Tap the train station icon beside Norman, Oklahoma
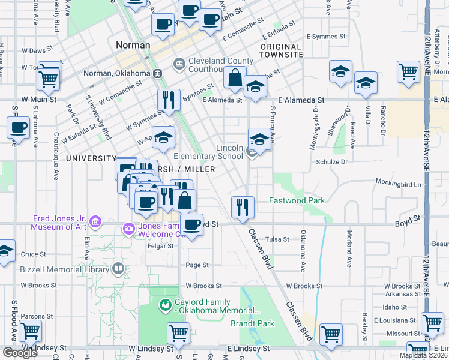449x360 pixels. (158, 73)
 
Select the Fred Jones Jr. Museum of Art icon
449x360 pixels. (95, 223)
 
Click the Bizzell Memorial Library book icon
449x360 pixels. (118, 269)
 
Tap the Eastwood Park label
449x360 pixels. (296, 200)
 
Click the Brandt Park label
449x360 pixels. (252, 323)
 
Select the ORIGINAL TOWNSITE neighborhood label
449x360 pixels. (281, 50)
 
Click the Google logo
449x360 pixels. (20, 352)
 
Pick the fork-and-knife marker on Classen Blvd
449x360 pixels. (243, 207)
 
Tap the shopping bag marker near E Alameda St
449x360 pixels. (235, 77)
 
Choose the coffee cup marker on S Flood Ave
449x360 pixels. (18, 127)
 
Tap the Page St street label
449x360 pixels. (197, 265)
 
